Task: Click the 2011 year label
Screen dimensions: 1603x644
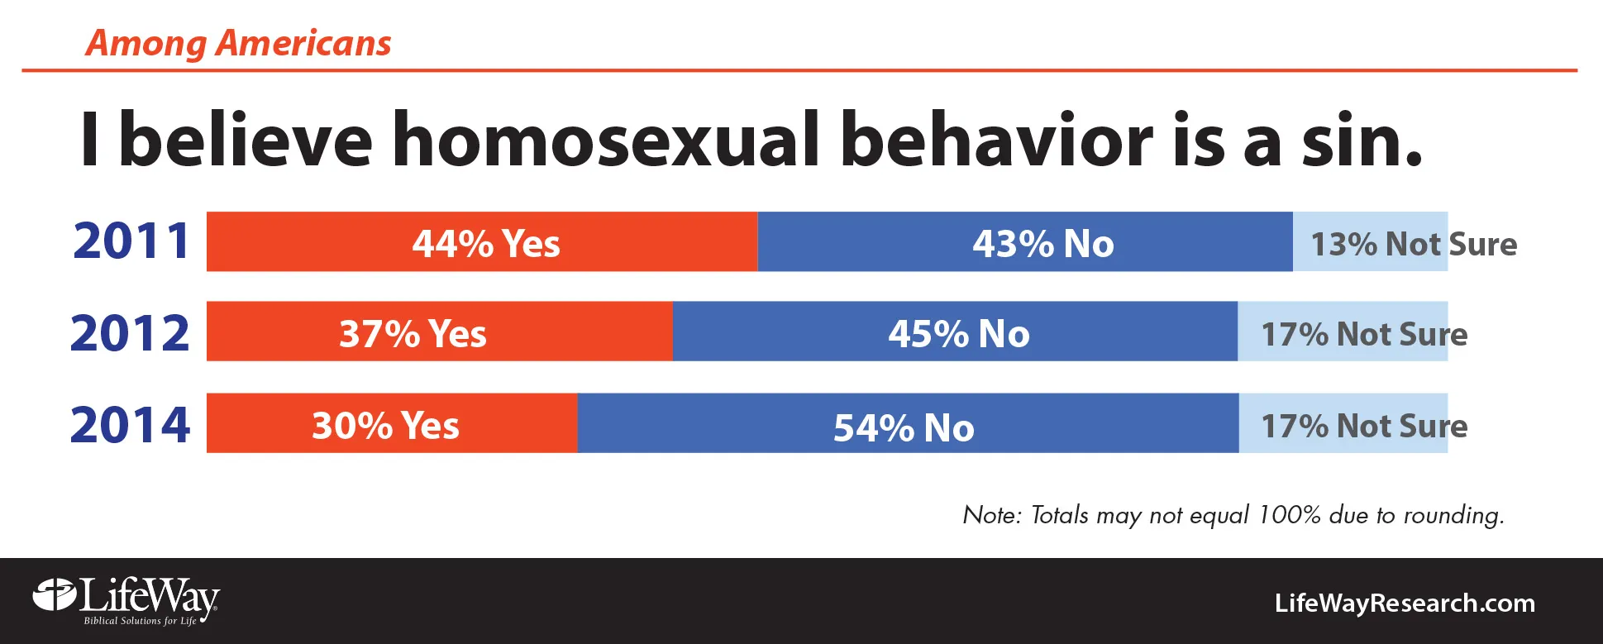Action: click(131, 241)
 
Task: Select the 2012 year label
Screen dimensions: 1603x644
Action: click(130, 333)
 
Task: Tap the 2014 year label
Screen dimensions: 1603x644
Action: click(130, 425)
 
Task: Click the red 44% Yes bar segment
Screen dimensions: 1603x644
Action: click(482, 241)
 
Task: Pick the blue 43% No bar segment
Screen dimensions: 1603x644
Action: click(1025, 241)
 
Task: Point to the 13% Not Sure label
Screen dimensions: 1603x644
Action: click(1414, 244)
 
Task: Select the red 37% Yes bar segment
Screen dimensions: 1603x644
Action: click(440, 331)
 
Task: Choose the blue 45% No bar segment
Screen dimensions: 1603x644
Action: click(955, 331)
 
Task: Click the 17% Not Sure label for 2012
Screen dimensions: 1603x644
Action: click(1364, 334)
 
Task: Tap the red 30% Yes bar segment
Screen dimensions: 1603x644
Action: click(392, 422)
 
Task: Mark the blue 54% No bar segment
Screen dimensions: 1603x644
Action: click(909, 422)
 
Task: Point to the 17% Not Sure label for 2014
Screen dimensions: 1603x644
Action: click(1364, 426)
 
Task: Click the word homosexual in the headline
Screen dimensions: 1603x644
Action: click(606, 139)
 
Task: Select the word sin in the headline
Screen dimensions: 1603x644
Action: click(1362, 139)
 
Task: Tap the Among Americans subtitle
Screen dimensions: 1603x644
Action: click(238, 43)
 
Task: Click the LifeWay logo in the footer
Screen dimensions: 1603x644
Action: click(126, 601)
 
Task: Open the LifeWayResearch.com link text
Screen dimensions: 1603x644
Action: click(1405, 603)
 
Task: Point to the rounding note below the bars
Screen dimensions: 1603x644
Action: click(1233, 515)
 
